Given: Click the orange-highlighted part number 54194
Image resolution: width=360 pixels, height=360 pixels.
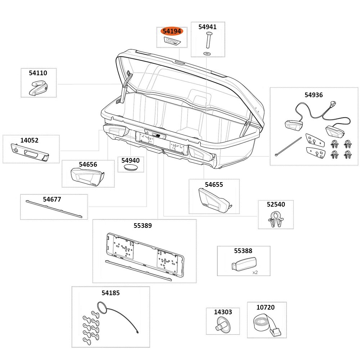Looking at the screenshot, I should click(x=172, y=31).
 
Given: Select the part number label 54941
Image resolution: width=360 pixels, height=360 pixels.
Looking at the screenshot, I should click(x=207, y=27).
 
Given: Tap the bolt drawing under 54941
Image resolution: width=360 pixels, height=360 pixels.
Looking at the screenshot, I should click(x=208, y=40).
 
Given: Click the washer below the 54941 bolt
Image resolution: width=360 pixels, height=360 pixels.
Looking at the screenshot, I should click(x=207, y=53).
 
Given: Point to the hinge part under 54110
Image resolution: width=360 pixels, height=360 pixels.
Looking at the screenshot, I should click(x=38, y=88).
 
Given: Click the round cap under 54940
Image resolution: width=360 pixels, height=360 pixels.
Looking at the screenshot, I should click(x=130, y=168).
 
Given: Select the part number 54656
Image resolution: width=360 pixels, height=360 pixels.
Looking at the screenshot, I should click(x=88, y=165).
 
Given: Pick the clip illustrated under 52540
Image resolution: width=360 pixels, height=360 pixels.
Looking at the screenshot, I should click(x=275, y=219).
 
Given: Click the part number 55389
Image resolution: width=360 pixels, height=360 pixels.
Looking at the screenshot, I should click(x=143, y=226).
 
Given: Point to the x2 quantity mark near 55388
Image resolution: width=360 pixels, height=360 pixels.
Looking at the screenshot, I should click(x=255, y=273).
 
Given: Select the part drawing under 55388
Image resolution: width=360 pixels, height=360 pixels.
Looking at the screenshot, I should click(x=244, y=264).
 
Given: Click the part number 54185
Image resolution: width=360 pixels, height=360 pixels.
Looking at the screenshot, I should click(x=111, y=293).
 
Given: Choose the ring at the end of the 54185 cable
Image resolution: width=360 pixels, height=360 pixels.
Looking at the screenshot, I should click(x=101, y=308).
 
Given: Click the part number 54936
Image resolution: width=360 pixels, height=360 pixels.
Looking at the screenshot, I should click(x=314, y=95).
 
